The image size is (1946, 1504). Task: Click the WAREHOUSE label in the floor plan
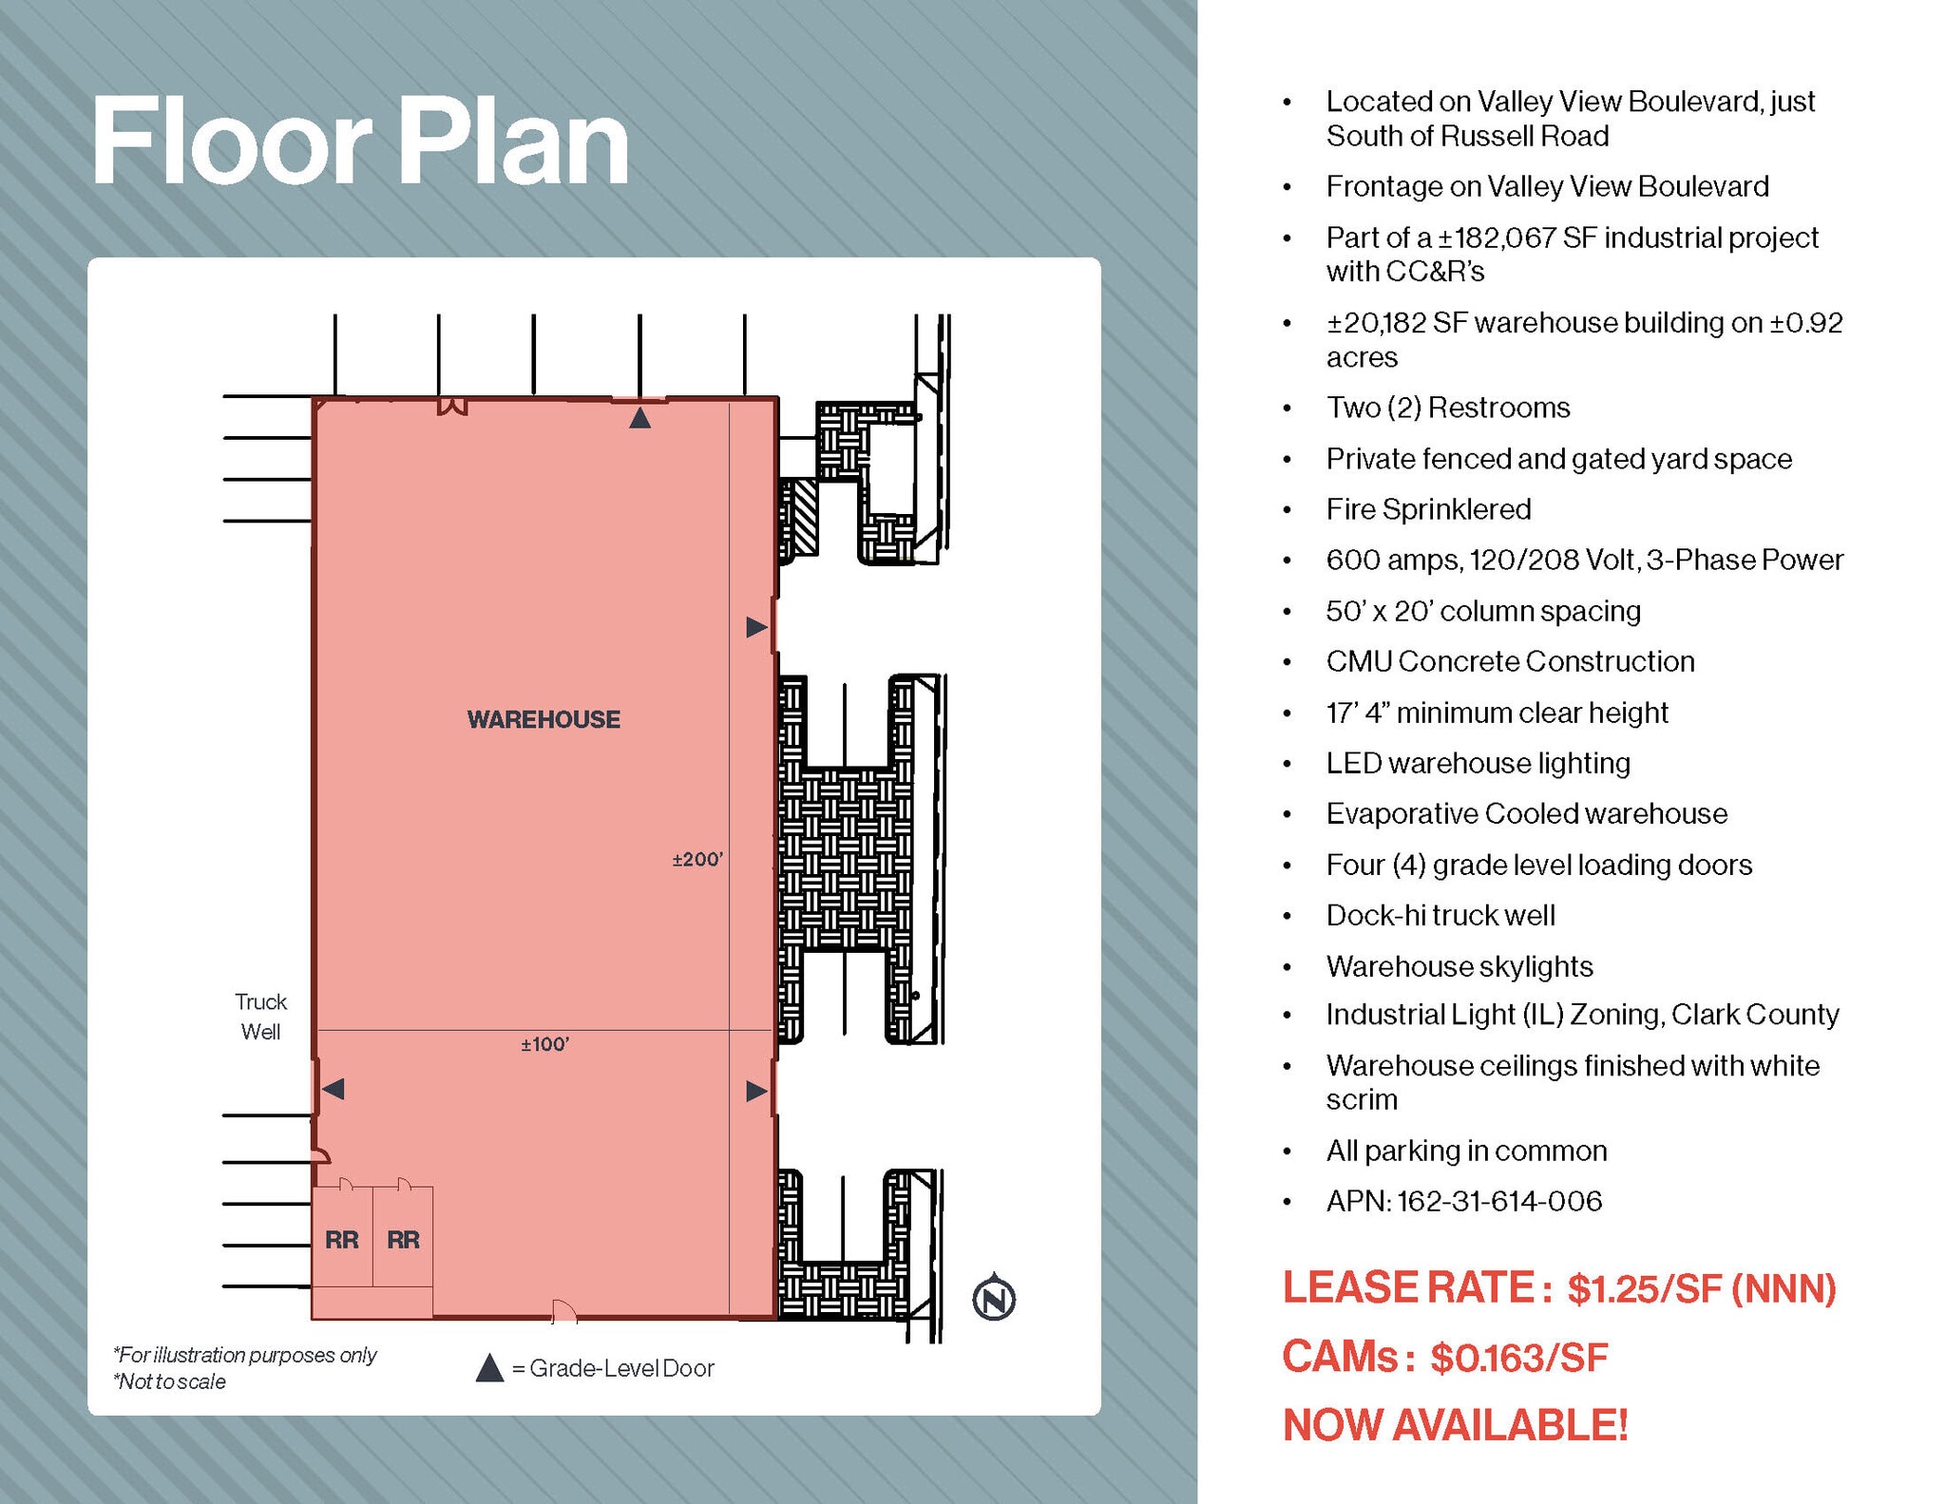coord(544,719)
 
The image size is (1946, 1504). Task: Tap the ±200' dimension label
coord(697,860)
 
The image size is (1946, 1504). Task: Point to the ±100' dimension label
coord(544,1045)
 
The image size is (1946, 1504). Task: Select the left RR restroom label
coord(341,1240)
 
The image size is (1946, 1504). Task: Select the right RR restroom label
coord(403,1240)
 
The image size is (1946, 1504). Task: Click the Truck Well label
coord(260,1017)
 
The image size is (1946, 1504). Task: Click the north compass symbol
coord(994,1298)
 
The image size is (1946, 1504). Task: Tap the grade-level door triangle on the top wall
coord(639,417)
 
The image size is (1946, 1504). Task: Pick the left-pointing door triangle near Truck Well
coord(334,1089)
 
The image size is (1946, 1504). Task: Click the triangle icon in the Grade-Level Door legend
coord(489,1368)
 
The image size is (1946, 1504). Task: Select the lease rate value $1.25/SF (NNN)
coord(1701,1289)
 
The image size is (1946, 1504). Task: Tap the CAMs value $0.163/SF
coord(1518,1358)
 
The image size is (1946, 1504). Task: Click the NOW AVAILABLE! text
coord(1455,1425)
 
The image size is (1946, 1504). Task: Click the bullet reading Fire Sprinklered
coord(1428,509)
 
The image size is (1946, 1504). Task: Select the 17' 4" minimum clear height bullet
coord(1497,713)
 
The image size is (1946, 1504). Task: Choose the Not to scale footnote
coord(171,1381)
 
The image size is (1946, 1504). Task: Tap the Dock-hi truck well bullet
coord(1440,915)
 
